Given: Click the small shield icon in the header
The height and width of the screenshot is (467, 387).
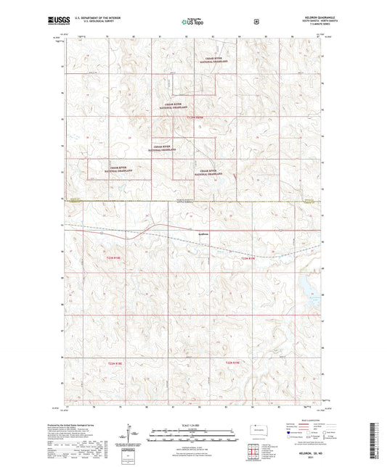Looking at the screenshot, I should pyautogui.click(x=256, y=22).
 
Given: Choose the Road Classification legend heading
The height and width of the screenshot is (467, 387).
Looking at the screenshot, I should pyautogui.click(x=304, y=421).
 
